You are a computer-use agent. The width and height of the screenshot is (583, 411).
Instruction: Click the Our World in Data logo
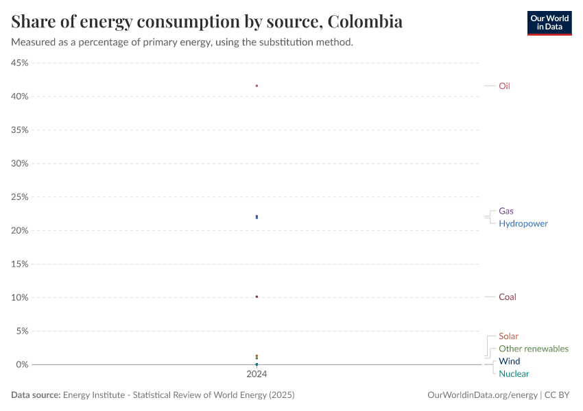coord(549,23)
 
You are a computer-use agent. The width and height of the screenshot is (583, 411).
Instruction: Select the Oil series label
coord(504,86)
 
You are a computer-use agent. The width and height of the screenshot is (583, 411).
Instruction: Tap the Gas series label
coord(505,211)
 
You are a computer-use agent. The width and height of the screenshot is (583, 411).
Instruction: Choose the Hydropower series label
coord(523,223)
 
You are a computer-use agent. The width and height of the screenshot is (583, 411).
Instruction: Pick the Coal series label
coord(507,297)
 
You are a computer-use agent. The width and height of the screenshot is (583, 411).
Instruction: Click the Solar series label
coord(508,336)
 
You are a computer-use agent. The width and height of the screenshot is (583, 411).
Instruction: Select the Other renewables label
coord(533,349)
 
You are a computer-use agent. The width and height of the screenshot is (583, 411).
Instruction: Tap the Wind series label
coord(509,361)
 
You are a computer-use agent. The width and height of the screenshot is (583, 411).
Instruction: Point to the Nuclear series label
coord(514,373)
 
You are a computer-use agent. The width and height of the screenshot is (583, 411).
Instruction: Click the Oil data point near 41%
coord(257,86)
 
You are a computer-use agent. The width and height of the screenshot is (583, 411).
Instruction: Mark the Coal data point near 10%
coord(257,297)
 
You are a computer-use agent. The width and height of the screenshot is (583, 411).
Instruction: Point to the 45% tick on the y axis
coord(19,63)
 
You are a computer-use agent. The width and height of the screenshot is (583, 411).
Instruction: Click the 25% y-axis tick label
coord(19,197)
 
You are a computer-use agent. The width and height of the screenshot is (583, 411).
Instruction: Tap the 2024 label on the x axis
coord(257,375)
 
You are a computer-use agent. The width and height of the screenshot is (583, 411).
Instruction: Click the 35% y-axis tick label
coord(19,130)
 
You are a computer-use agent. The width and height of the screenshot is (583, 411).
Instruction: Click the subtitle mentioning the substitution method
coord(182,42)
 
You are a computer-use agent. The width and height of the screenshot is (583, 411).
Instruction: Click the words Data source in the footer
coord(36,395)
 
